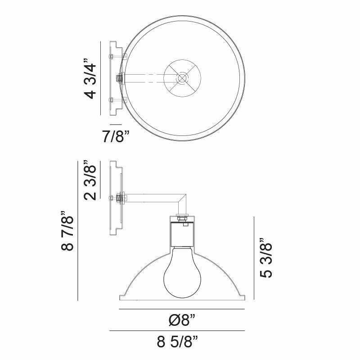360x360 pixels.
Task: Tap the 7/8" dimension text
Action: [115, 137]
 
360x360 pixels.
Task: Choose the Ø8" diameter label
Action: [181, 321]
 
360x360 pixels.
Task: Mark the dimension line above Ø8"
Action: [181, 309]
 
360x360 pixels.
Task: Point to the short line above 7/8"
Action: [116, 124]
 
